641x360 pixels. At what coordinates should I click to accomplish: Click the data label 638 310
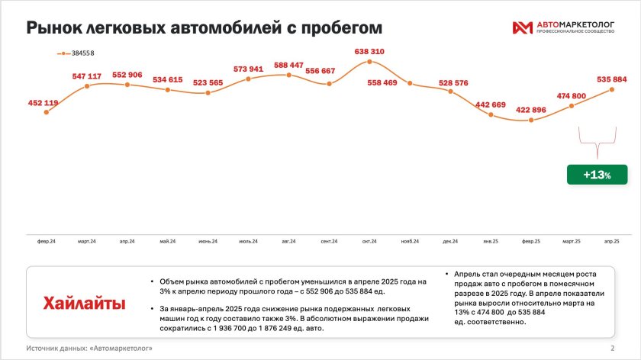coord(369,52)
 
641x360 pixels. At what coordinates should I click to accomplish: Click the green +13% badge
coord(598,175)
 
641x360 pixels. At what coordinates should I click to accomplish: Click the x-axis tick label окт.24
coord(369,242)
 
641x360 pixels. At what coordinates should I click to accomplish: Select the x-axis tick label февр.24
coord(47,242)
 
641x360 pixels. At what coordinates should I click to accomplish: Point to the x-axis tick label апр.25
coord(612,242)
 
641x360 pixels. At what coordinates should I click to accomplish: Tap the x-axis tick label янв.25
coord(491,242)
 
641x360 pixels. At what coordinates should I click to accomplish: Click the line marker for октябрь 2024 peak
coord(369,61)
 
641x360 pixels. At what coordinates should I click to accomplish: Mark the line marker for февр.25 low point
coord(531,121)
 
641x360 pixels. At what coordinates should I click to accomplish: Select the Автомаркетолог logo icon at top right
coord(523,28)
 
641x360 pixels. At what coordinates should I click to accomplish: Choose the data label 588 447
coord(288,66)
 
